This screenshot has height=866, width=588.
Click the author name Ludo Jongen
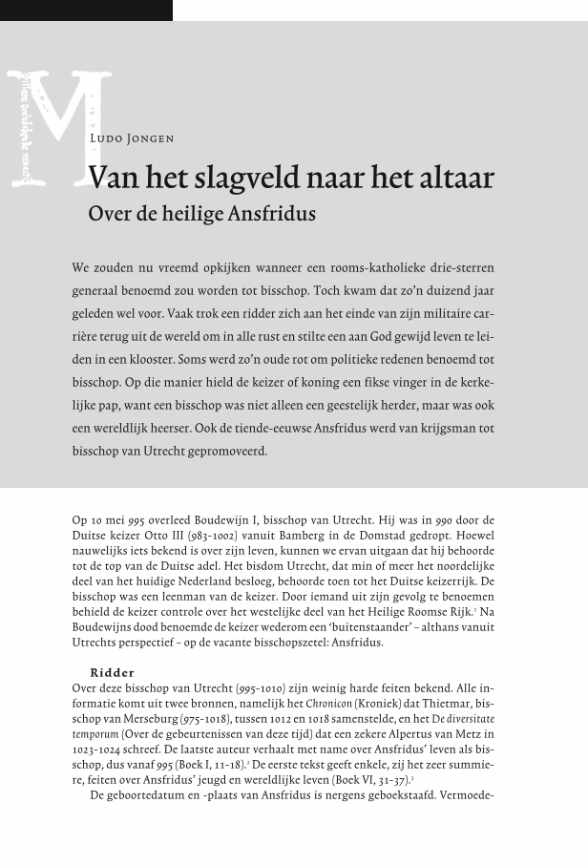132,138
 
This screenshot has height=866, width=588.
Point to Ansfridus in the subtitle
271,214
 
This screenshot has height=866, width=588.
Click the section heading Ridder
113,673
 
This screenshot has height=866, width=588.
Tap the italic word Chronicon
328,704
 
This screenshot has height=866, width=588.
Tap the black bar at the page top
86,10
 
